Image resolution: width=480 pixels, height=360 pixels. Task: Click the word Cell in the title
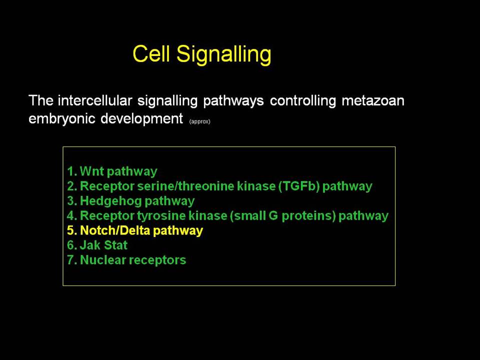click(x=151, y=53)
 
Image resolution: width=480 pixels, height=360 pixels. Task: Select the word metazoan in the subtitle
click(x=373, y=100)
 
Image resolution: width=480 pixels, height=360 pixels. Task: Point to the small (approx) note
click(x=199, y=121)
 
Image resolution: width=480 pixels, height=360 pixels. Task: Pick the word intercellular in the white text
click(x=95, y=100)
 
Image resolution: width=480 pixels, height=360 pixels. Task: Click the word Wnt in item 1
click(x=92, y=171)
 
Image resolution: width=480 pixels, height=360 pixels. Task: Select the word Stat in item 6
click(x=115, y=245)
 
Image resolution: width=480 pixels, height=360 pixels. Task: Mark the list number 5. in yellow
click(x=72, y=230)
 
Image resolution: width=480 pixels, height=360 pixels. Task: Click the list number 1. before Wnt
click(x=72, y=171)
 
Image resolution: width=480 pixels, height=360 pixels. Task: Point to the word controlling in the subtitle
click(x=303, y=100)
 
